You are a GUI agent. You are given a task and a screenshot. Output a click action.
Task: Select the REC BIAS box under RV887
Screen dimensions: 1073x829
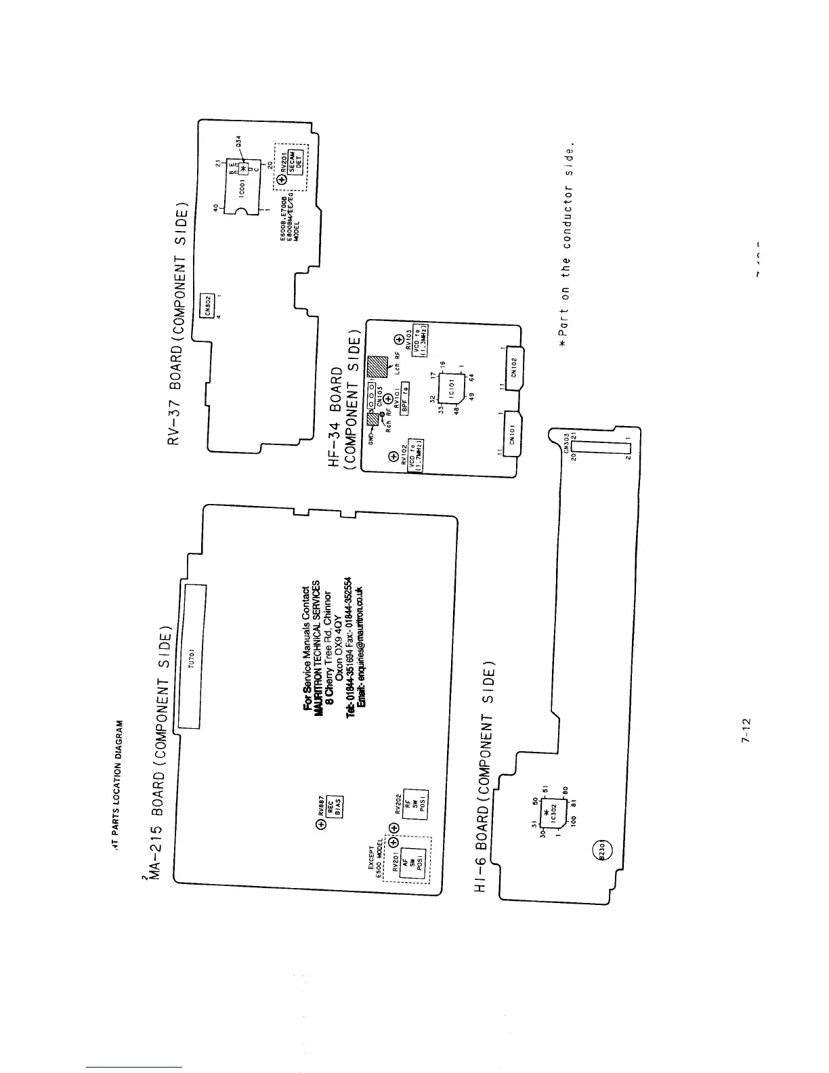click(337, 805)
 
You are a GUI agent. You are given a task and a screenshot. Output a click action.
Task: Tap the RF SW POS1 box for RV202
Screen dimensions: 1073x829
click(414, 804)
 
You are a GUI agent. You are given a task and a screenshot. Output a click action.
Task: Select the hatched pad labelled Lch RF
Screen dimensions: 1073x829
click(377, 366)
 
